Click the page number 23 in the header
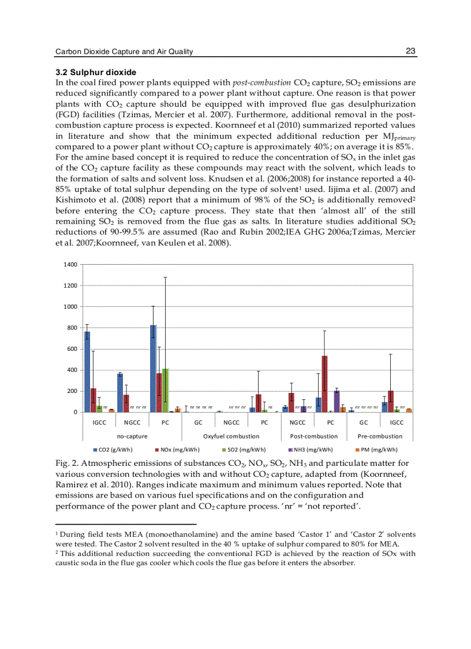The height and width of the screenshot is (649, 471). pyautogui.click(x=410, y=51)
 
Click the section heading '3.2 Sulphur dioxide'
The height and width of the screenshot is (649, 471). pyautogui.click(x=95, y=72)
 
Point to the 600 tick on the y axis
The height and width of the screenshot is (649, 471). pyautogui.click(x=72, y=349)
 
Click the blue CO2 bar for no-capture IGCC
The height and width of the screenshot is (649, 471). pyautogui.click(x=87, y=371)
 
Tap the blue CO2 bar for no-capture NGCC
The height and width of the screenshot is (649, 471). pyautogui.click(x=120, y=393)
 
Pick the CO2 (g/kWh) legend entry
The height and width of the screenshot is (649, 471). pyautogui.click(x=113, y=450)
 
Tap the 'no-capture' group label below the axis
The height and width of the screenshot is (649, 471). pyautogui.click(x=132, y=436)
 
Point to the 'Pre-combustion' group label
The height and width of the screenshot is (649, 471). pyautogui.click(x=380, y=436)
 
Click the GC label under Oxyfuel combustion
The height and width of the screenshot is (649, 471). pyautogui.click(x=198, y=422)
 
